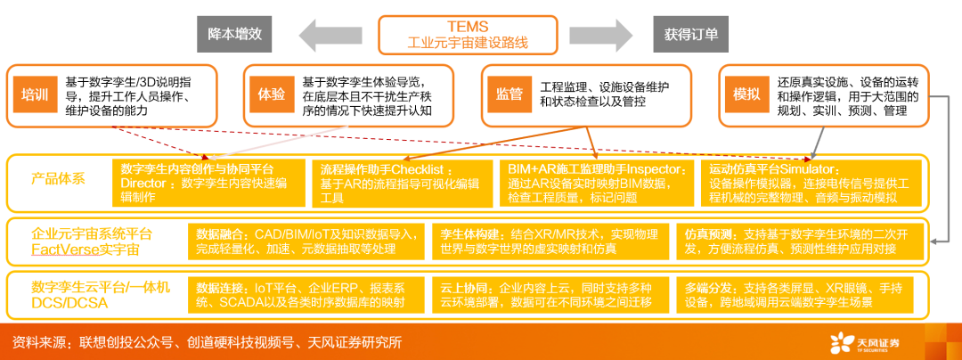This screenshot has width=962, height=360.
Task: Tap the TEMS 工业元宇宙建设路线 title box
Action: [x=467, y=35]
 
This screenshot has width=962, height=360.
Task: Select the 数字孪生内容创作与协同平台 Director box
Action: [x=208, y=184]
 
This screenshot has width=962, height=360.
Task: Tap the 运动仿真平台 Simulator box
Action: [x=811, y=184]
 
